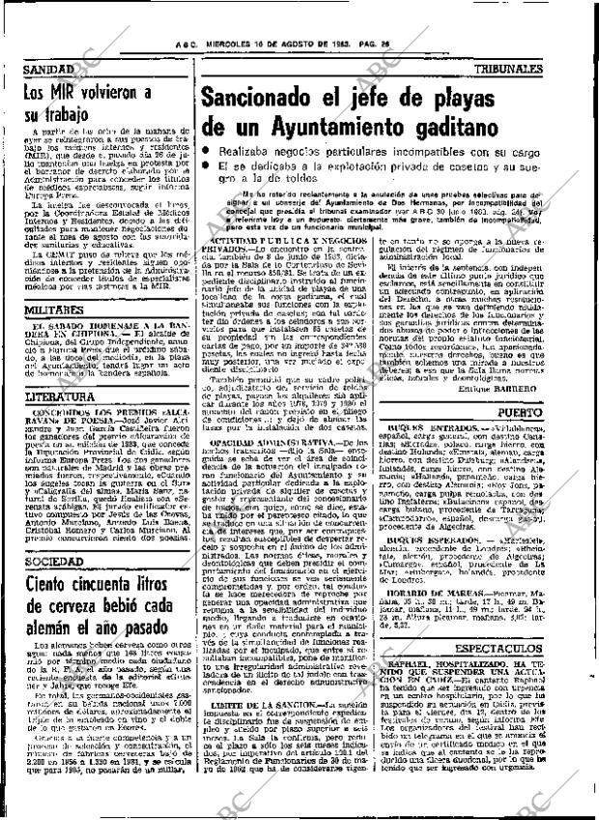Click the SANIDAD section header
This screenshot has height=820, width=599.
pos(47,72)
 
